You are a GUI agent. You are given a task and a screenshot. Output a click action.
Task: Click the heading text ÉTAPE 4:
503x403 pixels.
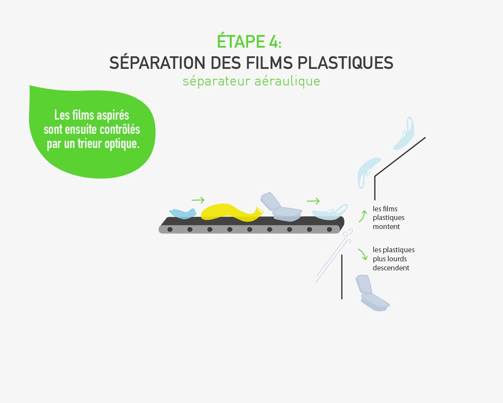coord(249,41)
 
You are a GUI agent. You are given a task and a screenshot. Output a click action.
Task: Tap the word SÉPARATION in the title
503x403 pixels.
coord(157,63)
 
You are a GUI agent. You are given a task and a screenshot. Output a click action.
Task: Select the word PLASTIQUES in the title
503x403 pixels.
coord(345,63)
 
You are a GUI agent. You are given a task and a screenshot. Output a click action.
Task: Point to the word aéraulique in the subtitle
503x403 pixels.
coord(287,81)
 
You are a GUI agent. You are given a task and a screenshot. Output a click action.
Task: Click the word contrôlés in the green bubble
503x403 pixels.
coord(120,129)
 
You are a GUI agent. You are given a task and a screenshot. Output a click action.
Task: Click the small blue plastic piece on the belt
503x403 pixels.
coord(183,214)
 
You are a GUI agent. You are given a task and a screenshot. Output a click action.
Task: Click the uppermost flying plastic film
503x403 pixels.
coord(404,134)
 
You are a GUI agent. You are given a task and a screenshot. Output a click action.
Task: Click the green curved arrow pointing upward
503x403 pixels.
coord(363,216)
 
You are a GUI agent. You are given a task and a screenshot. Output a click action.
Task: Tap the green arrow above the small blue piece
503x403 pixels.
coord(198,200)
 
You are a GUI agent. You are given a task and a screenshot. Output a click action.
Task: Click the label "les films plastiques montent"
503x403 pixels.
coord(389,218)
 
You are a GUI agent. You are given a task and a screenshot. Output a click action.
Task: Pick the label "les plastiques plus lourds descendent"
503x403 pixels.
coord(394,259)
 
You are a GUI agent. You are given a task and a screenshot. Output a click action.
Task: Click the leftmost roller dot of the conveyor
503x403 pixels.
coord(170,229)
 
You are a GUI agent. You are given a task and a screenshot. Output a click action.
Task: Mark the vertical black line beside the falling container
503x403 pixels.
coord(342,277)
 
